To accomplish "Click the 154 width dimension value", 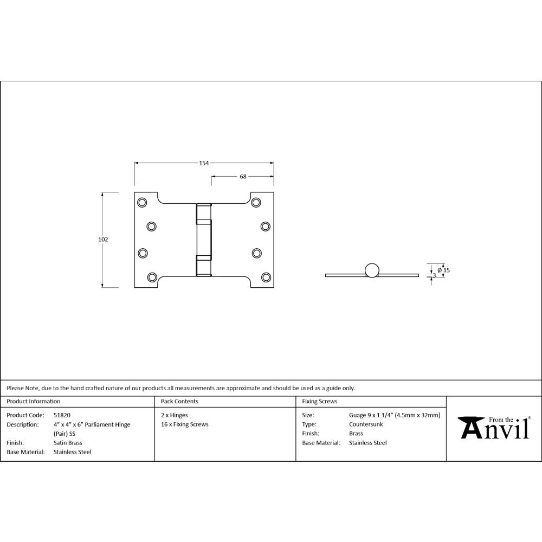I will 204,163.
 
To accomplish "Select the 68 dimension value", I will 243,176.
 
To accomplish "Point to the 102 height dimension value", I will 104,240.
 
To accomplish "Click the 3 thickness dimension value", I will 434,275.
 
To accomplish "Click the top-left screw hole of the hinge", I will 142,203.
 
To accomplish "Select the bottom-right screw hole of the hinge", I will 266,277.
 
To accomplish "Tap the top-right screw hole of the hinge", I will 256,203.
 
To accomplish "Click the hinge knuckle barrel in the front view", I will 204,240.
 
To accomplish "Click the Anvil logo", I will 494,428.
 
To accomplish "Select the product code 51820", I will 62,415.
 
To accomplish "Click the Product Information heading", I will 34,402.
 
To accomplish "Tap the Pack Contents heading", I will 179,402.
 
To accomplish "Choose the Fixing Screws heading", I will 319,402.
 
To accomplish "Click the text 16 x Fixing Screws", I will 184,424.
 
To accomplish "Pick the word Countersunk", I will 366,424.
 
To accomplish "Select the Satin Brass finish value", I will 68,443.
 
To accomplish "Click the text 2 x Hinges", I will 174,415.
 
